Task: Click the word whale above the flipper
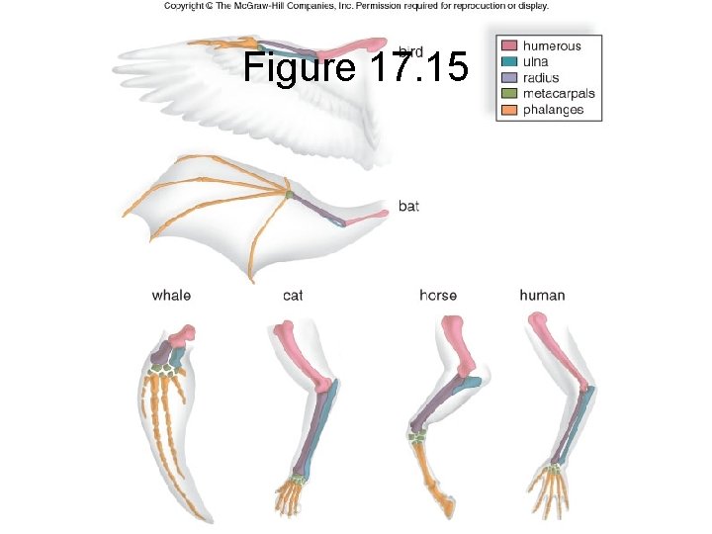tap(171, 295)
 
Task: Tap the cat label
tap(293, 295)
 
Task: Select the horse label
tap(437, 295)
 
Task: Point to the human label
tap(543, 295)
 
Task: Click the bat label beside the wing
tap(408, 206)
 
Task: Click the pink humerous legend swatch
tap(509, 46)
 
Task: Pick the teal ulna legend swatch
tap(509, 62)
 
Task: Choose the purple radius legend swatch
tap(509, 78)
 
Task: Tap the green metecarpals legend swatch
tap(509, 94)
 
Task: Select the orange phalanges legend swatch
tap(509, 110)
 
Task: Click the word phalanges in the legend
tap(554, 110)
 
